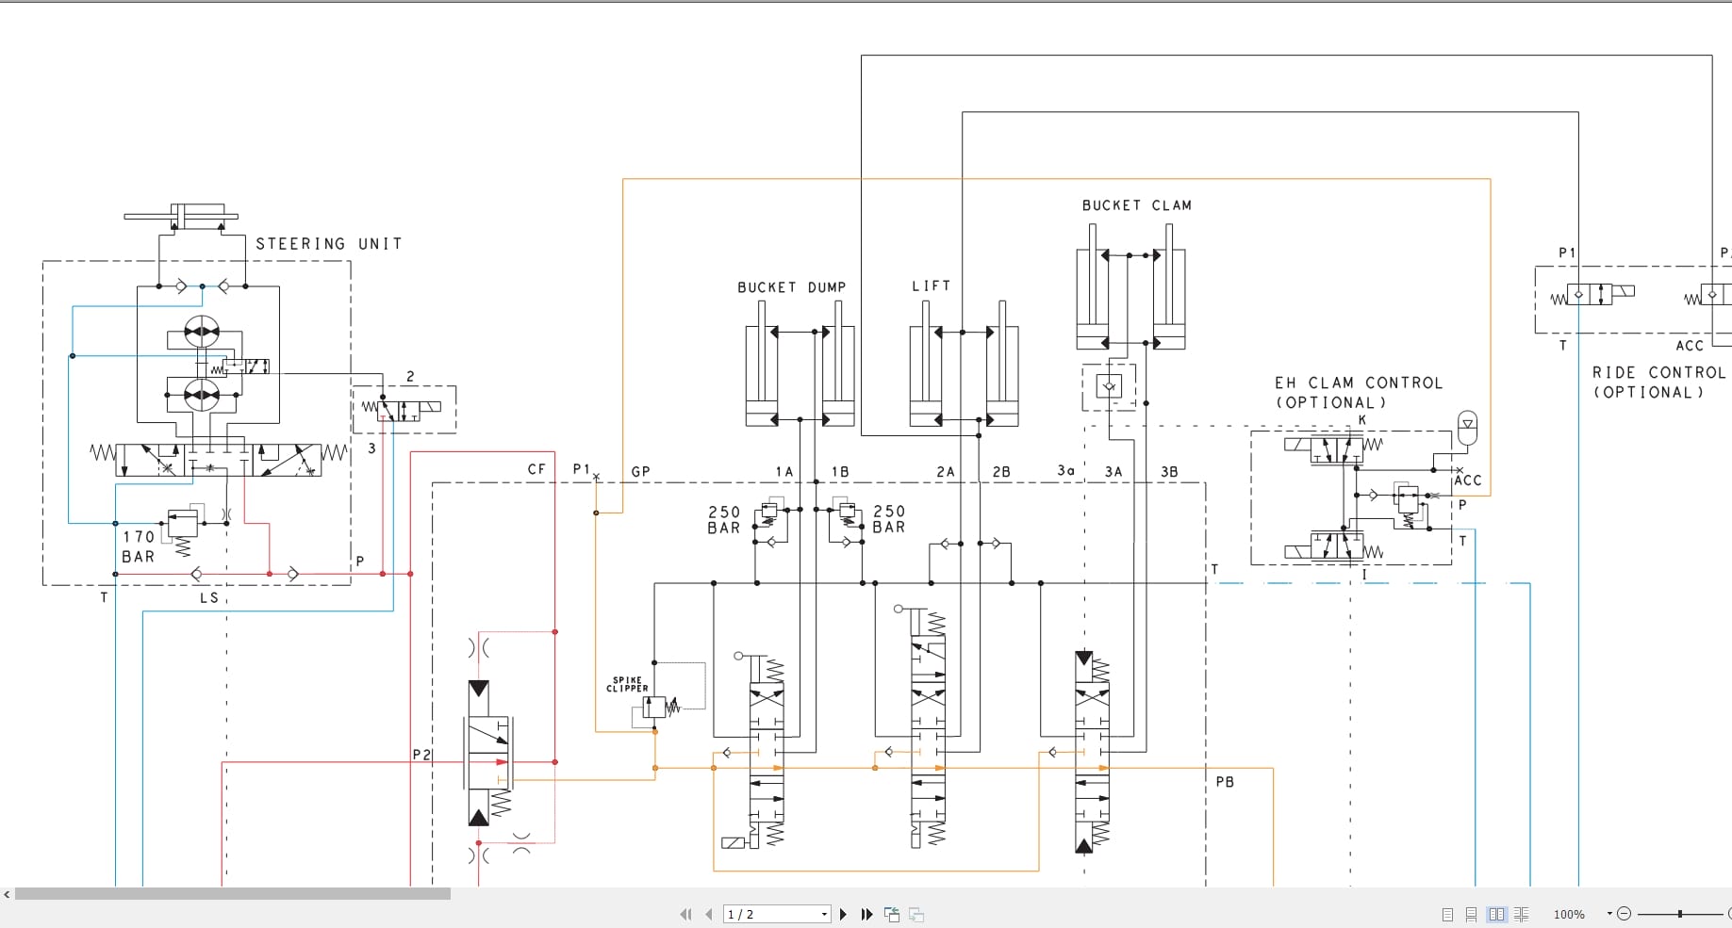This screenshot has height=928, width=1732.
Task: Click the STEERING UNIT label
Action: coord(328,244)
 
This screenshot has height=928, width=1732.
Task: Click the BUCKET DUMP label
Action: coord(791,287)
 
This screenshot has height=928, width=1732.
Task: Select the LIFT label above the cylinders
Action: coord(931,285)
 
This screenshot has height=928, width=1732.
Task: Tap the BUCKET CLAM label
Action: coord(1136,205)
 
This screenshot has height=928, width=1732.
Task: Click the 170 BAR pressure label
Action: coord(139,546)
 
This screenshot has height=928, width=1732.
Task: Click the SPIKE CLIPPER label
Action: coord(627,684)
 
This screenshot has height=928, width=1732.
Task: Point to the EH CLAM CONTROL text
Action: coord(1358,383)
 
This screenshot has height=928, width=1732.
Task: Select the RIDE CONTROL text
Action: coord(1658,373)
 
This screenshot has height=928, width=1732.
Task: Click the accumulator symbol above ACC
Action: coord(1466,427)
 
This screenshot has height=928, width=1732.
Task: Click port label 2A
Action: coord(945,472)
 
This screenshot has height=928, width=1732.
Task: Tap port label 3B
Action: coord(1169,472)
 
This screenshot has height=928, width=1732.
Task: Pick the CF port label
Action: coord(536,469)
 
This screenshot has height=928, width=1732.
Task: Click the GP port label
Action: coord(640,472)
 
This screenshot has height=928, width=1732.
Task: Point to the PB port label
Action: coord(1225,782)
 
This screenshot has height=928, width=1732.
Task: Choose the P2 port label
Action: coord(421,755)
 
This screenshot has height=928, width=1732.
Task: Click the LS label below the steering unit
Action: coord(208,598)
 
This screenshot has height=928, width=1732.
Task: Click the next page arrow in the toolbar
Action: coord(843,914)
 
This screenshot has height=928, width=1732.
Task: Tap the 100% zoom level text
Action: coord(1569,914)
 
